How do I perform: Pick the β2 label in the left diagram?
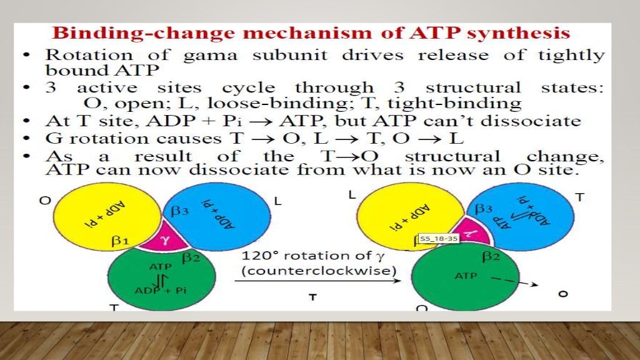[x=191, y=256]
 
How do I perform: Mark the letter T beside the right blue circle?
[x=579, y=197]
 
